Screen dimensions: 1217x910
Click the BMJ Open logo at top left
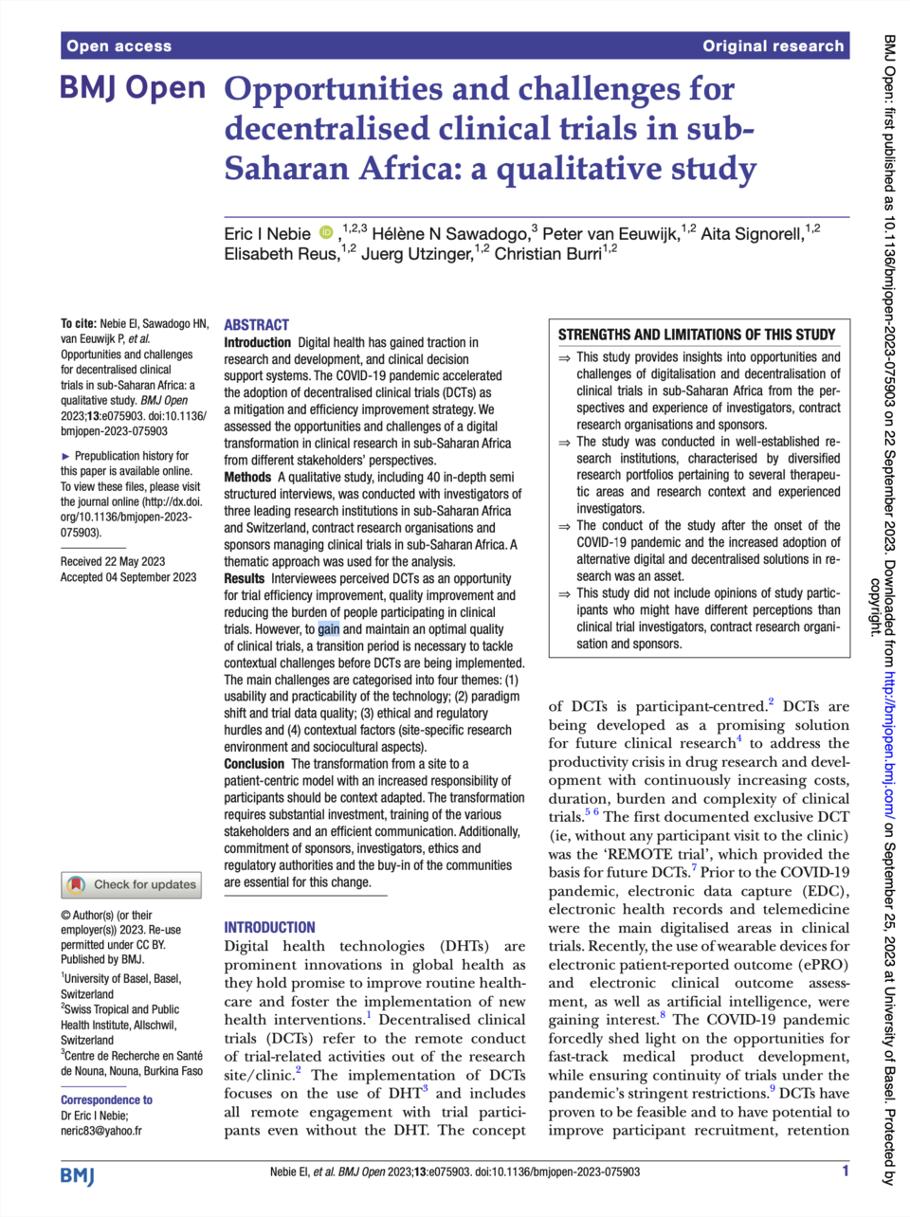pos(132,88)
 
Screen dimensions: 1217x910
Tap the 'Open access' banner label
pos(118,45)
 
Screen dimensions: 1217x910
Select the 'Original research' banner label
pos(773,45)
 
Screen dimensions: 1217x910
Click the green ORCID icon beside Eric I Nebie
pos(326,233)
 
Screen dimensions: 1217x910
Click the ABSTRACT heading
pos(256,324)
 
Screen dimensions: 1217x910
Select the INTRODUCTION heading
pos(269,927)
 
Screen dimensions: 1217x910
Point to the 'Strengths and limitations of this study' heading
pos(697,335)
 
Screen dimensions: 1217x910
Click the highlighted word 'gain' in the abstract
pos(328,628)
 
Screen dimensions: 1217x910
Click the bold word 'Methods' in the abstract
pos(247,477)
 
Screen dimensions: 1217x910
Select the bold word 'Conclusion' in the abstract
pos(254,764)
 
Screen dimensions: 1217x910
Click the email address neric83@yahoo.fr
pos(101,1130)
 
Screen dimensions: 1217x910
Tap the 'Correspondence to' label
pos(106,1099)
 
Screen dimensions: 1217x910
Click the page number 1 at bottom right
pos(846,1172)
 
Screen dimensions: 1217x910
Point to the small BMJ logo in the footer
pos(78,1175)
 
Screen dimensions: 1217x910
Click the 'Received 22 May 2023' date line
pos(113,561)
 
